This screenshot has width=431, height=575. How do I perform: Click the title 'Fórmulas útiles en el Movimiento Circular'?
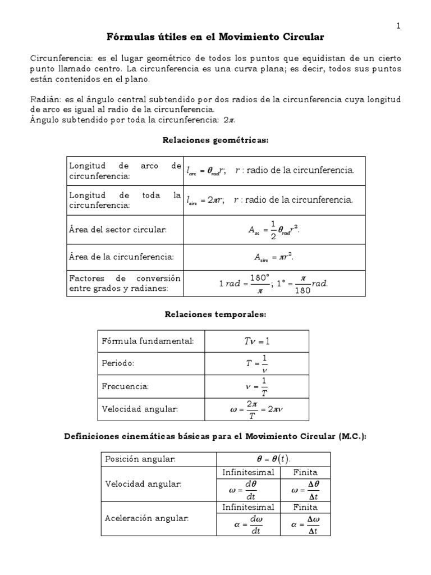[x=215, y=37]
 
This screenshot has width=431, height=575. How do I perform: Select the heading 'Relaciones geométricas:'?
[x=215, y=140]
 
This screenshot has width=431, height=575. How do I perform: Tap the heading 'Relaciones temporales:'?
[x=215, y=315]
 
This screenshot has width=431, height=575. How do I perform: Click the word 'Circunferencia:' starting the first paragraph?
[x=57, y=59]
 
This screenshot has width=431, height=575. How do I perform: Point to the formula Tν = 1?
[x=256, y=341]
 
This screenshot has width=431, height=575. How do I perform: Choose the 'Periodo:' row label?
[x=118, y=363]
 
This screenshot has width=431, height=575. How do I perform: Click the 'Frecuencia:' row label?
[x=125, y=386]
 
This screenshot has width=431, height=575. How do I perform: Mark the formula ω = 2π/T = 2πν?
[x=256, y=409]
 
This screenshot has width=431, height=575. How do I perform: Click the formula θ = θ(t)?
[x=273, y=459]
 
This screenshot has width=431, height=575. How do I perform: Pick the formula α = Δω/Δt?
[x=305, y=524]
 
